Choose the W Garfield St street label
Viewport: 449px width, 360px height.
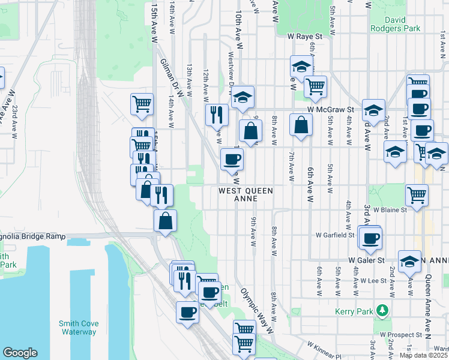(x=335, y=235)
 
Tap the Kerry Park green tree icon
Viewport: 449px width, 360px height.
(x=380, y=311)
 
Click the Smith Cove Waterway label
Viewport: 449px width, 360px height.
(x=78, y=328)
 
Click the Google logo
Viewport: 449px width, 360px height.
(x=20, y=353)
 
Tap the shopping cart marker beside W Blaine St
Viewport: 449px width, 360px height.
(x=417, y=194)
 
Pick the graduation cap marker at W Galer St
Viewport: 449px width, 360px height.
(x=409, y=261)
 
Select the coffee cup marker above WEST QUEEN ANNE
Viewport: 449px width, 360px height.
(x=232, y=159)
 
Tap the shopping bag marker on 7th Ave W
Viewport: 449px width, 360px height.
(x=301, y=125)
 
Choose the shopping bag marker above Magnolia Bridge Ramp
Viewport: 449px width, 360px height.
(x=165, y=220)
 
